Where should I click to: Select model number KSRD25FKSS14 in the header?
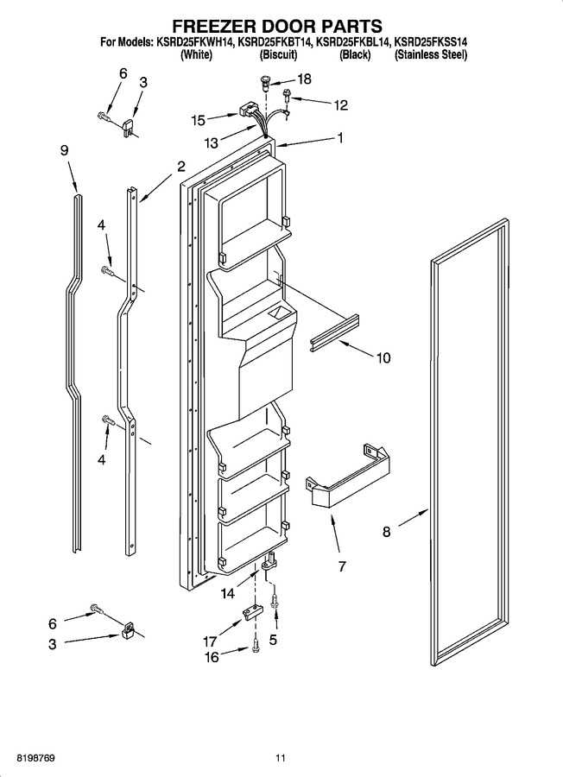tap(430, 42)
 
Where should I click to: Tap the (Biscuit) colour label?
tap(279, 55)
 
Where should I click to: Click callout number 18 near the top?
tap(304, 79)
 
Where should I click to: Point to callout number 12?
tap(341, 105)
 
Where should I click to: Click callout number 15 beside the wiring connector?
tap(199, 120)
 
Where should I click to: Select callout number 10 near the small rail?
tap(383, 357)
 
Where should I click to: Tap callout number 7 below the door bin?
tap(342, 565)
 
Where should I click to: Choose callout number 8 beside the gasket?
tap(386, 532)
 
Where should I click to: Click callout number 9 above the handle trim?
tap(65, 150)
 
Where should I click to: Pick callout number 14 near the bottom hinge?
tap(228, 593)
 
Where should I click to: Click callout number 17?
tap(210, 641)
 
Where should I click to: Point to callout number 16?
tap(212, 657)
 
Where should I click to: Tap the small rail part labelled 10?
tap(333, 333)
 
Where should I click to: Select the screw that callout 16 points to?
tap(256, 646)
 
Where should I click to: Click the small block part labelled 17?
tap(252, 612)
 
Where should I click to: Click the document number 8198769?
tap(35, 758)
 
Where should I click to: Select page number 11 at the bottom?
tap(281, 758)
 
